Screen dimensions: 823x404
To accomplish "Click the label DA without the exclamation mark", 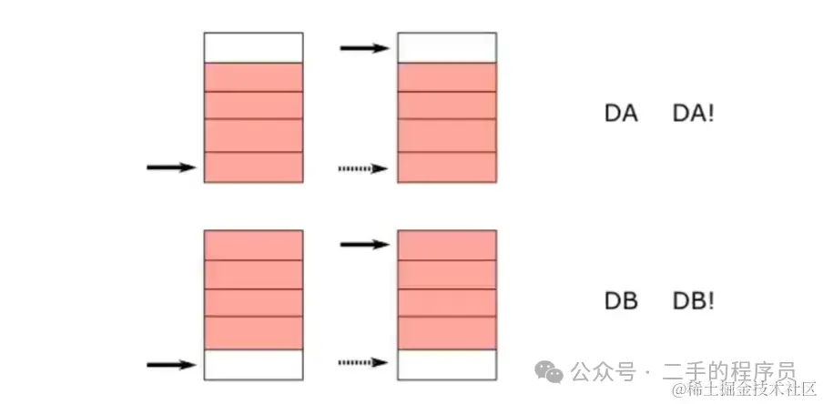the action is pos(621,115).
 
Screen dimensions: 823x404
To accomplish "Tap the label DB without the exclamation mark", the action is pos(621,302).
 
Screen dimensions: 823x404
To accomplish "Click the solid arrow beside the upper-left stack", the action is pos(171,167).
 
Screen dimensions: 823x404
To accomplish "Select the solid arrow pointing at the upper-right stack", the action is pos(365,46).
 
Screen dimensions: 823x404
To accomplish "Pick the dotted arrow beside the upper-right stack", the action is pos(363,168).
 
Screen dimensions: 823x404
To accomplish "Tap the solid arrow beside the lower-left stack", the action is pos(171,365).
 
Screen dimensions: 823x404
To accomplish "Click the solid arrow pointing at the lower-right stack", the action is pos(365,244).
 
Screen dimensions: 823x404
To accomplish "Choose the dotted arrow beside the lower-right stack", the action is pos(363,364).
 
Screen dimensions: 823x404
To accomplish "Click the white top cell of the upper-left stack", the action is pos(253,47).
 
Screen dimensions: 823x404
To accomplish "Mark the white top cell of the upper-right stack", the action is pos(447,47).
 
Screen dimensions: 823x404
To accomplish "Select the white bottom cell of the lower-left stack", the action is pos(253,364).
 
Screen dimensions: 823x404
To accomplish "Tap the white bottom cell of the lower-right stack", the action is pos(447,364).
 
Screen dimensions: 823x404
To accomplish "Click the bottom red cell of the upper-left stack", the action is pos(253,167).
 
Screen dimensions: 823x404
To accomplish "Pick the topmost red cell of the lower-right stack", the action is pos(447,245).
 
